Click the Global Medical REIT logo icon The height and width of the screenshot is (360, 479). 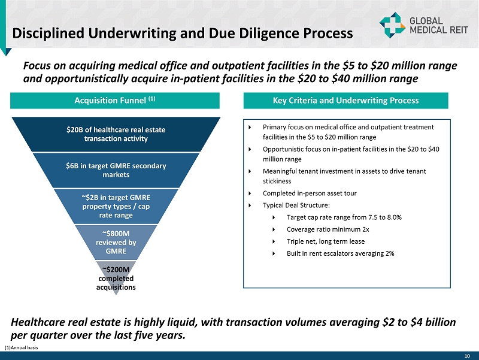(392, 24)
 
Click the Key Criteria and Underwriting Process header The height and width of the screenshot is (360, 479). (345, 101)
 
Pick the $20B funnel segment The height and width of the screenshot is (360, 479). (116, 134)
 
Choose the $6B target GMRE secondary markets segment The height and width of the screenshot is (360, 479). (116, 170)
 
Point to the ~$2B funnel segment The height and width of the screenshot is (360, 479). (116, 205)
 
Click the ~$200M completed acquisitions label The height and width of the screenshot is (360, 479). (116, 277)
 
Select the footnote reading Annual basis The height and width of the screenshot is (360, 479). (22, 347)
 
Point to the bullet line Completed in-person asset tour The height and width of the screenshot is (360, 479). (310, 193)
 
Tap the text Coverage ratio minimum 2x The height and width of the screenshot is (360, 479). (328, 229)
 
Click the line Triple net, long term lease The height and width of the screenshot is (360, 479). (326, 241)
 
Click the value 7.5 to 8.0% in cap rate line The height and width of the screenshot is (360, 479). (384, 217)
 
